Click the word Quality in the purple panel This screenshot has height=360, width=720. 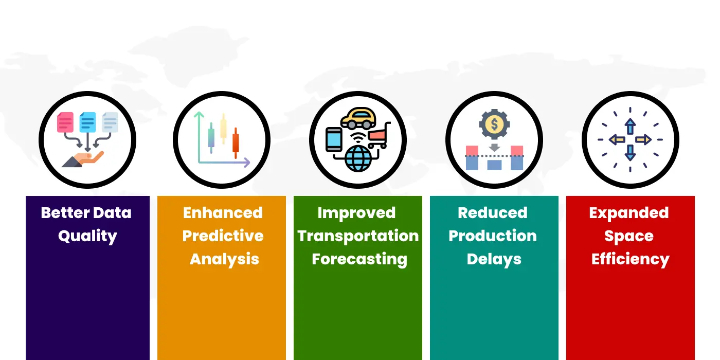[x=87, y=236]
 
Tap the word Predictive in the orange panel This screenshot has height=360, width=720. [x=223, y=236]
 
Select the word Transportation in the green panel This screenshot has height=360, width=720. [x=358, y=236]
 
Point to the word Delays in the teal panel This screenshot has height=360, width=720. [x=494, y=259]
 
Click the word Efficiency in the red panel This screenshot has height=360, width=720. [x=631, y=259]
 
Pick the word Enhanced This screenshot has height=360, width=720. [x=223, y=213]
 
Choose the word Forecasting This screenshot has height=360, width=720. [x=359, y=259]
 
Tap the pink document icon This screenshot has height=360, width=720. [x=65, y=122]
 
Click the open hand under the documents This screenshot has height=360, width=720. [x=83, y=159]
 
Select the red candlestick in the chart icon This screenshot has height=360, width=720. [x=236, y=143]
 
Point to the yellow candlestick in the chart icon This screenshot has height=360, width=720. [x=223, y=129]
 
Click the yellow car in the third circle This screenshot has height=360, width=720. [x=358, y=118]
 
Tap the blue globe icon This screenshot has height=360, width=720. [x=358, y=158]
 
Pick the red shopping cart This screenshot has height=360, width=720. [x=380, y=135]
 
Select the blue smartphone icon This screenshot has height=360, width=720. [x=334, y=139]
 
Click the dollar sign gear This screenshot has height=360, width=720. [x=494, y=124]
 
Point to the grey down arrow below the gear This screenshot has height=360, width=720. [x=494, y=147]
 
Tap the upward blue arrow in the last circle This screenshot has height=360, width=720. [x=631, y=127]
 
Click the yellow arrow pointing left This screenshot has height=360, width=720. [x=617, y=139]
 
